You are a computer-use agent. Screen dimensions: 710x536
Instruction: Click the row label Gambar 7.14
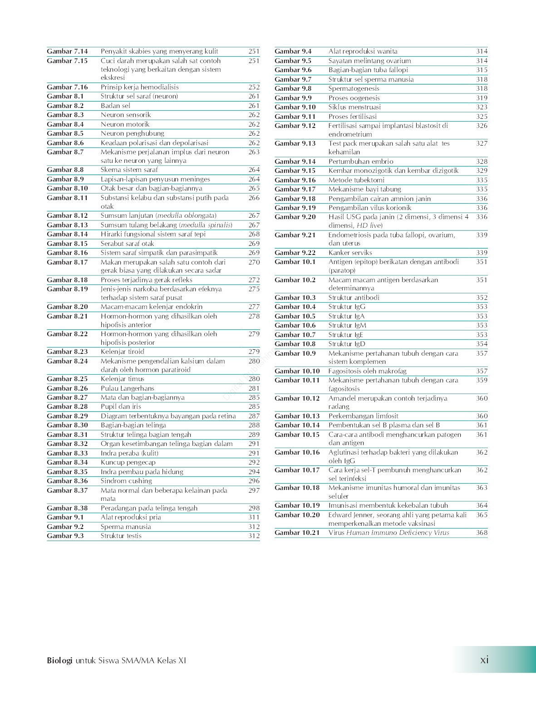pyautogui.click(x=67, y=52)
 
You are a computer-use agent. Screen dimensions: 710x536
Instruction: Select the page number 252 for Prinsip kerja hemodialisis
pyautogui.click(x=254, y=87)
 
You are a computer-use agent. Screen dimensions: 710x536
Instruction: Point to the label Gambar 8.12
pyautogui.click(x=67, y=215)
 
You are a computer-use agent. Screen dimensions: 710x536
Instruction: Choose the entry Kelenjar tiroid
pyautogui.click(x=122, y=352)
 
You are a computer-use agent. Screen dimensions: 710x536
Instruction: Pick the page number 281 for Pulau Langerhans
pyautogui.click(x=254, y=388)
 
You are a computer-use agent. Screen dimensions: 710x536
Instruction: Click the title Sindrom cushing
pyautogui.click(x=126, y=481)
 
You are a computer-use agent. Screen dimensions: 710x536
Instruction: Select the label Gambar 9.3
pyautogui.click(x=65, y=536)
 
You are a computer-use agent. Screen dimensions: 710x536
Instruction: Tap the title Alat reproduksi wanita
pyautogui.click(x=363, y=52)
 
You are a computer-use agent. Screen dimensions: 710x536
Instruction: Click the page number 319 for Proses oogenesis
pyautogui.click(x=482, y=98)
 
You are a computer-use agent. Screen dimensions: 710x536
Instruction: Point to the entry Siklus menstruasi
pyautogui.click(x=354, y=107)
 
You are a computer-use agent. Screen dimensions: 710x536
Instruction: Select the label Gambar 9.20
pyautogui.click(x=295, y=217)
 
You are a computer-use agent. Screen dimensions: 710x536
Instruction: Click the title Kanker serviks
pyautogui.click(x=350, y=253)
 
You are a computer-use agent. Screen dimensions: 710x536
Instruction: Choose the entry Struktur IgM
pyautogui.click(x=347, y=325)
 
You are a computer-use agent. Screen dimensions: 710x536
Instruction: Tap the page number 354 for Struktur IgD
pyautogui.click(x=482, y=344)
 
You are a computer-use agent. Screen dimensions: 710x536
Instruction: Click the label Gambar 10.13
pyautogui.click(x=297, y=416)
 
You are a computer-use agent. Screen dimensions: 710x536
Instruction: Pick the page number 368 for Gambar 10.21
pyautogui.click(x=482, y=533)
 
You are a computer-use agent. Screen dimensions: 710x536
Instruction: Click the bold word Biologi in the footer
pyautogui.click(x=59, y=661)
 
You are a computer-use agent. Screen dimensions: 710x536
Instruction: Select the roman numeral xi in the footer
pyautogui.click(x=484, y=660)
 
